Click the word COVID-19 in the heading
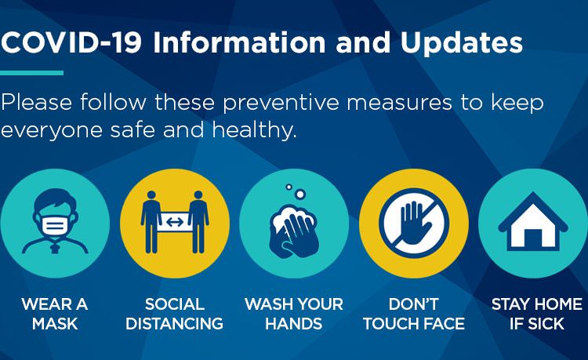click(x=71, y=42)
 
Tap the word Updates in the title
click(x=462, y=43)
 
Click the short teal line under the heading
click(x=31, y=73)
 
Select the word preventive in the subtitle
click(x=281, y=103)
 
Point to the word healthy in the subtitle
click(x=253, y=129)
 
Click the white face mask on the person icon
click(x=55, y=224)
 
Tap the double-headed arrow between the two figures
click(x=175, y=222)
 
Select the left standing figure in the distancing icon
click(x=151, y=222)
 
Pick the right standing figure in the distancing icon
click(x=198, y=222)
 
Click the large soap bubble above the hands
click(x=299, y=194)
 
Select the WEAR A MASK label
click(x=55, y=314)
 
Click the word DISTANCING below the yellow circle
click(x=174, y=324)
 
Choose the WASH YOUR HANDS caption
click(x=294, y=314)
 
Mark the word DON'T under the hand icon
click(x=414, y=304)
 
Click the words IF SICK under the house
click(x=536, y=324)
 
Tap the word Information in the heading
click(x=239, y=42)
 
